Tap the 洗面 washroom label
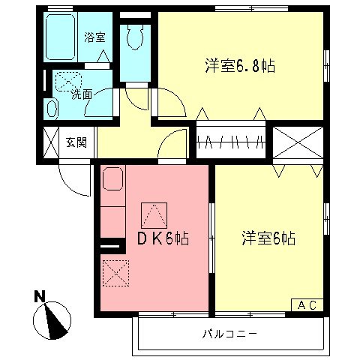coord(81,95)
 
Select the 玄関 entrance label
coord(76,142)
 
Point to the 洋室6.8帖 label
coord(240,66)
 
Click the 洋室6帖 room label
coord(268,238)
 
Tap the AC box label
coord(307,304)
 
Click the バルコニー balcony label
coord(229,333)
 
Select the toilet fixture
coord(135,37)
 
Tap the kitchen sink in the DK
coord(113,181)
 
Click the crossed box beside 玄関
coord(51,142)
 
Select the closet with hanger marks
coord(231,141)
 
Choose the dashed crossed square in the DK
coord(114,271)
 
